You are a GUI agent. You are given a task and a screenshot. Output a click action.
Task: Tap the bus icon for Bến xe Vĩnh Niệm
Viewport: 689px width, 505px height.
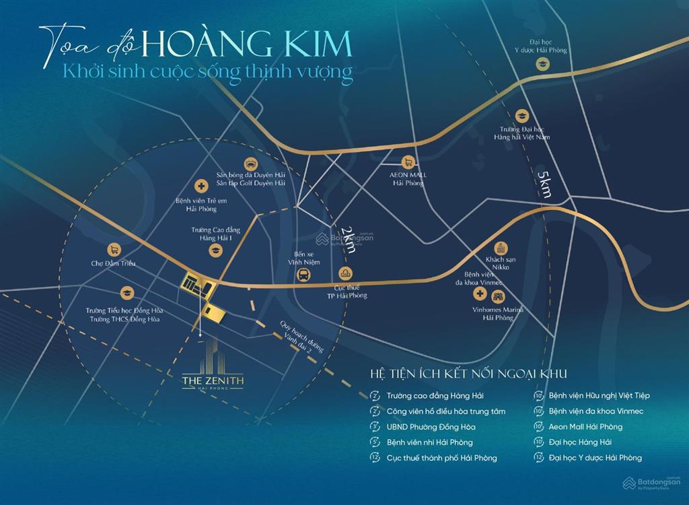click(x=304, y=275)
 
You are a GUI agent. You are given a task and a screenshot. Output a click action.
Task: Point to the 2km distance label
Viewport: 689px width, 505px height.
click(x=348, y=239)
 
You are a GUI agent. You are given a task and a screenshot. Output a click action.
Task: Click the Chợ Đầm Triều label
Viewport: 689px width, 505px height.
click(x=113, y=263)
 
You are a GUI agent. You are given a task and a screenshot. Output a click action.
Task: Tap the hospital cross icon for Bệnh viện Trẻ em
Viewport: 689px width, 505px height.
click(x=201, y=186)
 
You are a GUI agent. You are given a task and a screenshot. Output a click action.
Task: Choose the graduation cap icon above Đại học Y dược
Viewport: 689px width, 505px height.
click(x=541, y=64)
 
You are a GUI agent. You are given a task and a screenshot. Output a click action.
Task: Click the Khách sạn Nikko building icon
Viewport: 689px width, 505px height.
click(x=500, y=248)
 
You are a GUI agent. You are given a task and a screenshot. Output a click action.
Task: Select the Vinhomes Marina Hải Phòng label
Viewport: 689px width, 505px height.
click(x=497, y=313)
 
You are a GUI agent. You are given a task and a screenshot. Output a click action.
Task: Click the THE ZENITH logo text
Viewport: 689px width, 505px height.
click(x=213, y=382)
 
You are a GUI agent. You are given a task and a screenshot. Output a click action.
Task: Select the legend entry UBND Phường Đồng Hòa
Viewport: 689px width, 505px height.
click(x=431, y=427)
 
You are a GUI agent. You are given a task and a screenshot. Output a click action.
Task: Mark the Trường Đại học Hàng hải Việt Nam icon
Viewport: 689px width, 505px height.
click(x=521, y=116)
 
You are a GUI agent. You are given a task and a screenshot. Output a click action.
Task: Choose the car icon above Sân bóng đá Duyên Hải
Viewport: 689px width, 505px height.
click(x=250, y=162)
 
